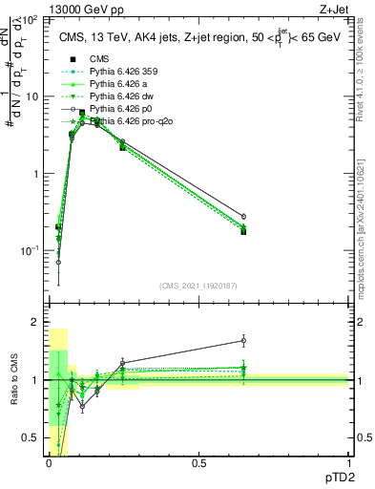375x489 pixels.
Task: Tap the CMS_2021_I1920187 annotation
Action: coord(198,285)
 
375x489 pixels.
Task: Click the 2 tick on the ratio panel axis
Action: coord(38,323)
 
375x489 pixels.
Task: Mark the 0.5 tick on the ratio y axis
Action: coord(34,438)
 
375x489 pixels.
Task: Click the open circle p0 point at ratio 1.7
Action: coord(243,340)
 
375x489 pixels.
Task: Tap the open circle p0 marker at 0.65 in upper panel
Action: coord(243,217)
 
